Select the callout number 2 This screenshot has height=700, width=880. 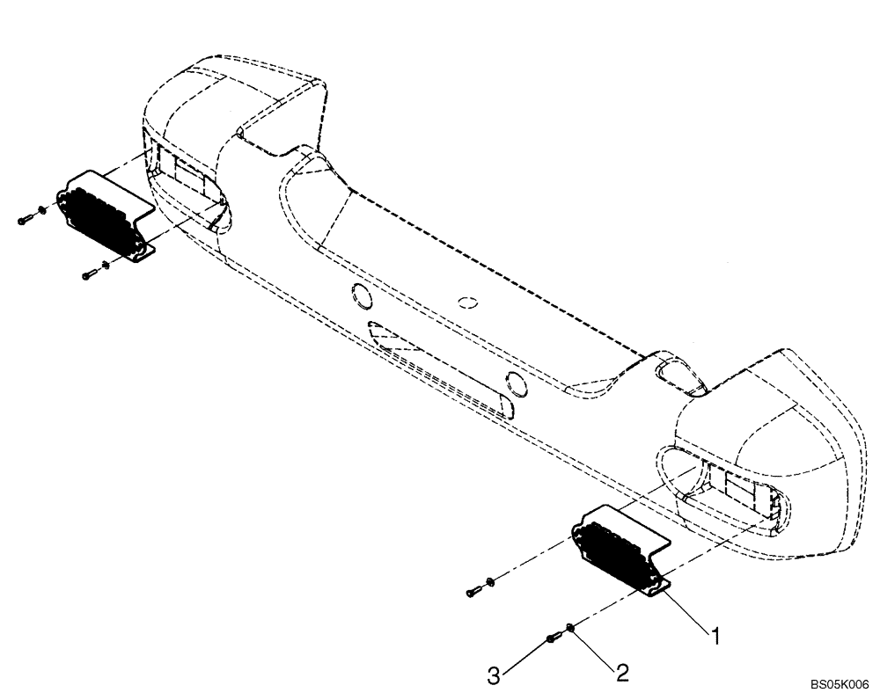[x=622, y=674]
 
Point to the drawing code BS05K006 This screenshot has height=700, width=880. [x=840, y=682]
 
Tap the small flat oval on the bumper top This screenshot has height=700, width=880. [x=468, y=302]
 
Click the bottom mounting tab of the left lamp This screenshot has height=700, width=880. [x=141, y=255]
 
